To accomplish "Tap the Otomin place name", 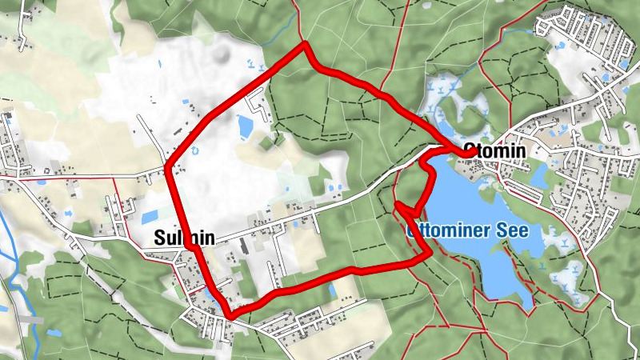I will [x=500, y=151].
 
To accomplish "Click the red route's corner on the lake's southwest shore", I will [x=430, y=254].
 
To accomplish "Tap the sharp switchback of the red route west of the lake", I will [x=398, y=206].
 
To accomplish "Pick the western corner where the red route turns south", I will [x=169, y=166].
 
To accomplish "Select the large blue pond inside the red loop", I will [x=246, y=126].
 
